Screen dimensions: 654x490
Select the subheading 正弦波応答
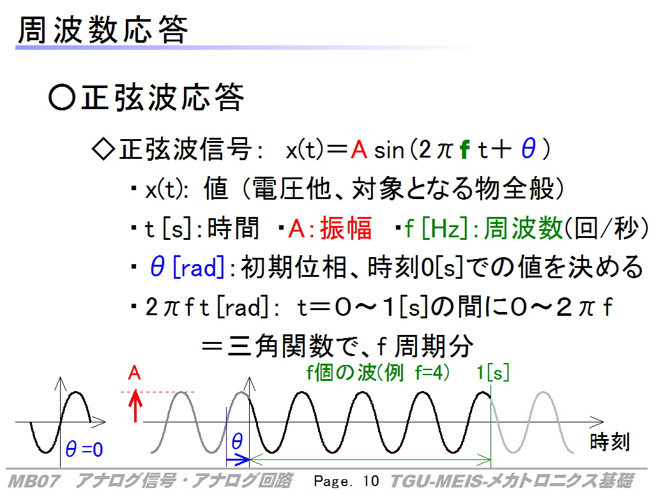point(162,97)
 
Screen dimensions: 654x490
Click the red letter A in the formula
point(359,149)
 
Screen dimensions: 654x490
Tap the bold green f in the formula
point(465,149)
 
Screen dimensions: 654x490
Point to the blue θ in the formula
point(528,149)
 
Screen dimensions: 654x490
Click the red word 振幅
point(346,228)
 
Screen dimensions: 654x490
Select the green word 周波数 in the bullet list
point(523,228)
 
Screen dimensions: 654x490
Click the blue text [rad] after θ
point(199,267)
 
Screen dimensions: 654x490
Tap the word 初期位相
point(294,267)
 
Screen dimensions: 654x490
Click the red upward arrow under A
point(135,405)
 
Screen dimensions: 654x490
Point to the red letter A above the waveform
point(134,373)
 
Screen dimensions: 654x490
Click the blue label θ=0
point(84,449)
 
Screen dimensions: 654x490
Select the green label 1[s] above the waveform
point(492,373)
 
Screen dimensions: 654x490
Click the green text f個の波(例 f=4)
point(378,373)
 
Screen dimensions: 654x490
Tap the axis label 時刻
point(609,442)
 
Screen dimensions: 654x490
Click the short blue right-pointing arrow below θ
point(238,460)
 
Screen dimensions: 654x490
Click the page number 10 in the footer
point(370,481)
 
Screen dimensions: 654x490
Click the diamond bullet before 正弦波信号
point(103,149)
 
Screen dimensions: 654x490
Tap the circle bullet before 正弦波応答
point(62,98)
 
